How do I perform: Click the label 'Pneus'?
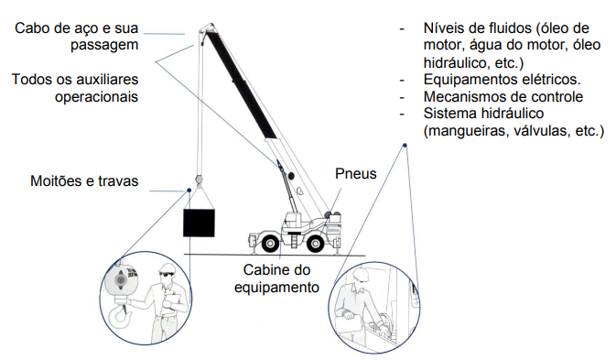click(x=355, y=174)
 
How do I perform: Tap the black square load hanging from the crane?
click(x=199, y=223)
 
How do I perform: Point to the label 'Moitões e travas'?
click(x=84, y=181)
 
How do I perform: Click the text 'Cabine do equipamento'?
click(x=276, y=278)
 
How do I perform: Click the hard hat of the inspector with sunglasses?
click(x=167, y=268)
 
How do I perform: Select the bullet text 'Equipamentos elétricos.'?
click(x=503, y=80)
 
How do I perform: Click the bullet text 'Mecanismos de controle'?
click(x=503, y=97)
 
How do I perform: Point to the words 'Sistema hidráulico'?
click(x=483, y=114)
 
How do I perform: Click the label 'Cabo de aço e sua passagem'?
click(x=77, y=37)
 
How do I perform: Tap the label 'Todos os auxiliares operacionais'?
click(x=75, y=88)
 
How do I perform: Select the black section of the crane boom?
click(x=241, y=84)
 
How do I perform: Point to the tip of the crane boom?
click(x=211, y=25)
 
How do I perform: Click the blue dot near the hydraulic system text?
click(x=405, y=146)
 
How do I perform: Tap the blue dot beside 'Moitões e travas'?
click(x=189, y=191)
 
